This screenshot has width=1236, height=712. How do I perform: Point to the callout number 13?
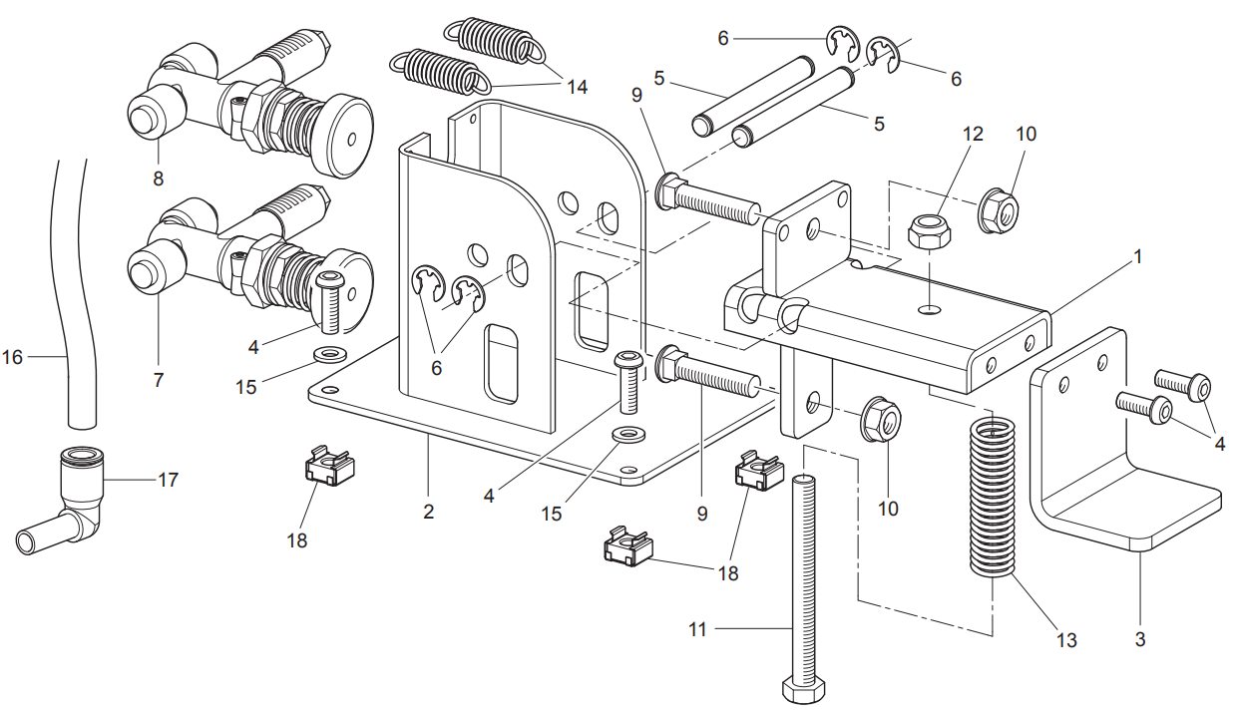click(x=1065, y=639)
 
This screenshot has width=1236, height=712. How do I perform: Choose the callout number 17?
click(x=168, y=480)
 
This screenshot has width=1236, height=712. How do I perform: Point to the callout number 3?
click(x=1139, y=639)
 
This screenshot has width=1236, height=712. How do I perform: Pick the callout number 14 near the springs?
click(x=577, y=87)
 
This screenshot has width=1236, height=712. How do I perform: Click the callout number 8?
click(x=158, y=178)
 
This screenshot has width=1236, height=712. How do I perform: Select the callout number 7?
click(x=158, y=380)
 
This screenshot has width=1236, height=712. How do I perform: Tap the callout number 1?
click(x=1137, y=256)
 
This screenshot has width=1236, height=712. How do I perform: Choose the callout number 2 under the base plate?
click(x=428, y=512)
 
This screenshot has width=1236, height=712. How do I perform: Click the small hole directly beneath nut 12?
click(x=930, y=309)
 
